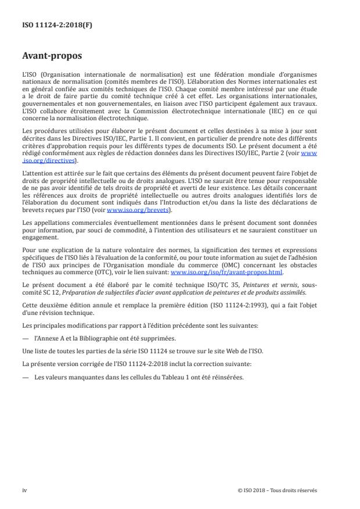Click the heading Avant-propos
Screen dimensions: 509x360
[52, 57]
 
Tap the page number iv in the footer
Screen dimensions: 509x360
[24, 490]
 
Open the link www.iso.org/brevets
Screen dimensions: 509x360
[131, 210]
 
